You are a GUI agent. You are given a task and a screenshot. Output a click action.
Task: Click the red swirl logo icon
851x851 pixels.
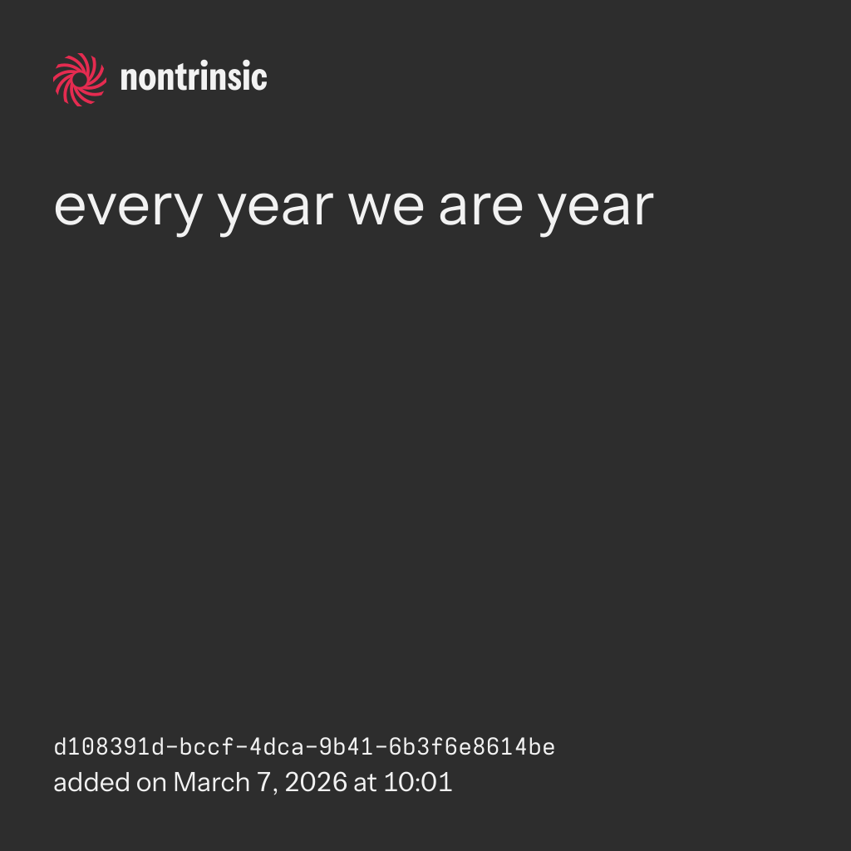click(80, 80)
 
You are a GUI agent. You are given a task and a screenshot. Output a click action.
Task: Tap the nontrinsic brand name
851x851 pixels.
click(194, 76)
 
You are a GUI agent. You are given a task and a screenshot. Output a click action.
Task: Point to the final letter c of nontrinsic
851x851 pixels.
click(260, 79)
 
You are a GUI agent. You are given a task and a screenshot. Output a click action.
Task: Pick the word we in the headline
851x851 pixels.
click(386, 207)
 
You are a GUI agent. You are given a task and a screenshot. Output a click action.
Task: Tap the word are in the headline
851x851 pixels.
click(480, 207)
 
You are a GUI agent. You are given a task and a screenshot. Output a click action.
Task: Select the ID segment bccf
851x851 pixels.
click(206, 747)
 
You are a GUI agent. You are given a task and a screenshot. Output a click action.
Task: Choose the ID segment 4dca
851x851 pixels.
click(276, 747)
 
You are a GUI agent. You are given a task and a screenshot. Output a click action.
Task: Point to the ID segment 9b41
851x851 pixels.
click(346, 747)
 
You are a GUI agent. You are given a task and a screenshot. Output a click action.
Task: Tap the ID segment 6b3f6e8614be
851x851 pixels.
click(472, 747)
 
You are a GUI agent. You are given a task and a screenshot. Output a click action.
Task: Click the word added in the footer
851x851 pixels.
click(91, 782)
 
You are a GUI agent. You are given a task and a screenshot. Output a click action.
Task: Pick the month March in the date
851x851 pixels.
click(212, 782)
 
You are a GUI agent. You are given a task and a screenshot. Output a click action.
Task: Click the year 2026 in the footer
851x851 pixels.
click(316, 782)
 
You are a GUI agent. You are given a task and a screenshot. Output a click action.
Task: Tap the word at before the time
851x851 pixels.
click(365, 783)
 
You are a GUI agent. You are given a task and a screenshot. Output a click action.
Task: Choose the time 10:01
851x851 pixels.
click(418, 782)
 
